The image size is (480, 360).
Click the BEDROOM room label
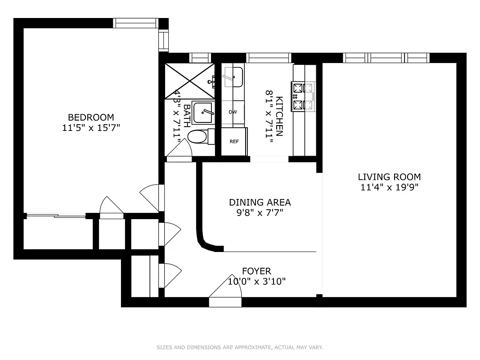tap(91, 117)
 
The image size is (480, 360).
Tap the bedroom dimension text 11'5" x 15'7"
tap(91, 128)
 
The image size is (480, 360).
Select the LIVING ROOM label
tap(389, 177)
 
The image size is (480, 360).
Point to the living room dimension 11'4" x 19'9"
tap(389, 187)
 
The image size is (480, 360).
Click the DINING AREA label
tap(260, 202)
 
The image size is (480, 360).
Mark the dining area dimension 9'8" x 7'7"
tap(260, 212)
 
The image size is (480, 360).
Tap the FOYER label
tap(256, 271)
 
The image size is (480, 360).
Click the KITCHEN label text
tap(279, 116)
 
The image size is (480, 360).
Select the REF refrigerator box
tap(234, 141)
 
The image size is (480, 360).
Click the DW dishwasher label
tap(233, 112)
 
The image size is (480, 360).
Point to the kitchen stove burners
tap(303, 96)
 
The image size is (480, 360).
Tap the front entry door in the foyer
tap(225, 292)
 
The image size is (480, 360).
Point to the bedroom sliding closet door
tap(56, 216)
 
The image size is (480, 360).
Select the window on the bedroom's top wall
tap(135, 23)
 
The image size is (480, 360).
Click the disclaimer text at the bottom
tap(240, 347)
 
